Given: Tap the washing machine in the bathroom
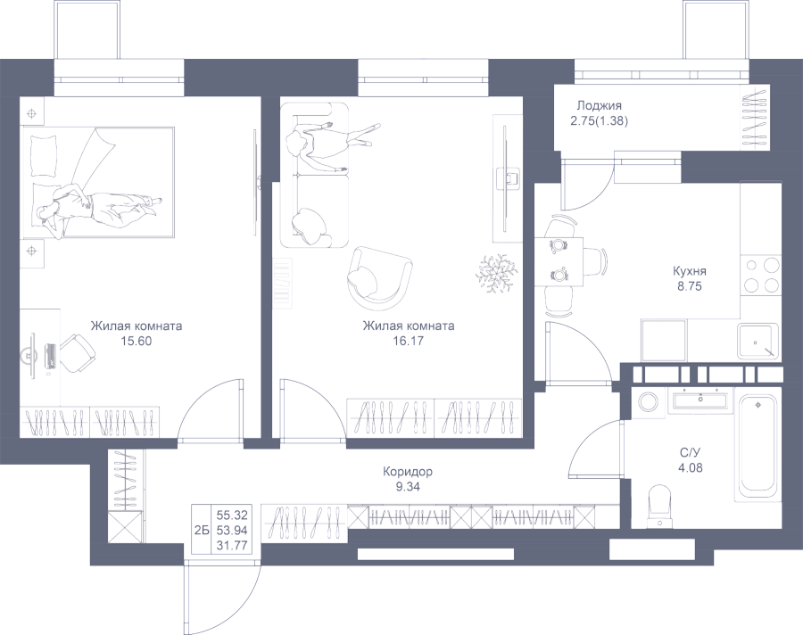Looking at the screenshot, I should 647,400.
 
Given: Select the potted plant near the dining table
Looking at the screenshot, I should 494,272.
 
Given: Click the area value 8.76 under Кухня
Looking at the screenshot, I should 691,287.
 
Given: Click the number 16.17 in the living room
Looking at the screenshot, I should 408,340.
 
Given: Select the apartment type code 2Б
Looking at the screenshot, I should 202,527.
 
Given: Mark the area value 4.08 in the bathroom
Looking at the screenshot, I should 691,466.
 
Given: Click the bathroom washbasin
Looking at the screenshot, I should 700,400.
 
